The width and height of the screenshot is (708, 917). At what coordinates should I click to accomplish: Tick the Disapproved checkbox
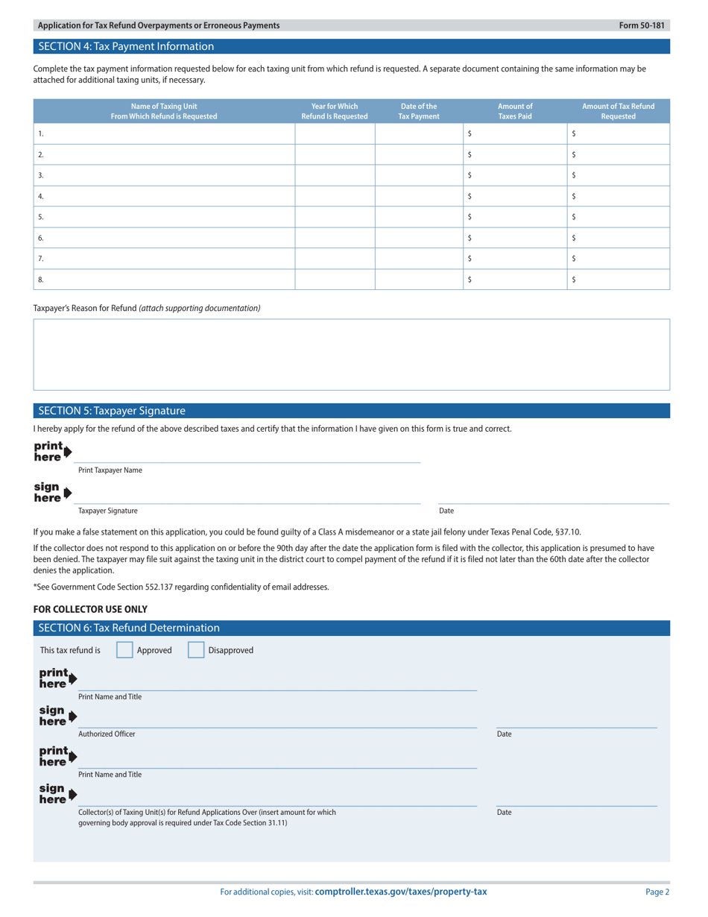point(195,650)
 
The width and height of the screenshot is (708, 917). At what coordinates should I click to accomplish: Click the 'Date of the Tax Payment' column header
point(418,111)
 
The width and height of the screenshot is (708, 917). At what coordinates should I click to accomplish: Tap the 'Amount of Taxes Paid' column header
point(515,111)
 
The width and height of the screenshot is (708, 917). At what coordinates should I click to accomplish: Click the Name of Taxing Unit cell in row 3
point(164,175)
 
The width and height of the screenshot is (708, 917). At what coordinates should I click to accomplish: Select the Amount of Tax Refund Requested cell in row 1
point(619,133)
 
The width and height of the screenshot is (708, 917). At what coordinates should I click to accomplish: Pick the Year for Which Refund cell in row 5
point(335,217)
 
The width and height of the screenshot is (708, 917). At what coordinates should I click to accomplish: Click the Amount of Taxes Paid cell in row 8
point(515,280)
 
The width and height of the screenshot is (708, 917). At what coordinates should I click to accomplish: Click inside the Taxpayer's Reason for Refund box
point(352,354)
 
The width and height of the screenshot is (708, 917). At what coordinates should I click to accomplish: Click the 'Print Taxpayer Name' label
point(110,470)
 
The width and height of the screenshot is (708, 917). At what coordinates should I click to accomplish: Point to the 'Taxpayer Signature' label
point(108,511)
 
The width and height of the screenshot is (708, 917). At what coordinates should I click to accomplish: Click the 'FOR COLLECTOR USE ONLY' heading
point(90,609)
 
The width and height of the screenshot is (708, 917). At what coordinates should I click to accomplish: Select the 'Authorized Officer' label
point(107,734)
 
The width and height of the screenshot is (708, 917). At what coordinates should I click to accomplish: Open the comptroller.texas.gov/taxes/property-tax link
point(401,892)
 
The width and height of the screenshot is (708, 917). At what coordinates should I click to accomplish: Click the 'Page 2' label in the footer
point(657,892)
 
